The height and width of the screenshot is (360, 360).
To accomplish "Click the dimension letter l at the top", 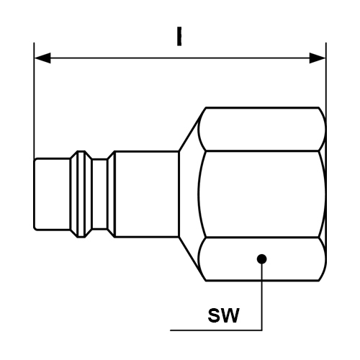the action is pos(179,36).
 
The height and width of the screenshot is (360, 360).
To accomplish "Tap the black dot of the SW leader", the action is pos(261,259).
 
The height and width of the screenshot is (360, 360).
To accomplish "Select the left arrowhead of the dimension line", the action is pos(42,58).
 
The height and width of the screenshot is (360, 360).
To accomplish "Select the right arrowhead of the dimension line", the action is pos(318,58).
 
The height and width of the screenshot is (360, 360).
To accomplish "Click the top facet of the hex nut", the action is pos(261,129).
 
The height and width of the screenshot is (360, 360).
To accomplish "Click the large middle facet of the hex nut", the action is pos(261,194).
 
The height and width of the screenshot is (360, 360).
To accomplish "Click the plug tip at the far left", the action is pos(52,194).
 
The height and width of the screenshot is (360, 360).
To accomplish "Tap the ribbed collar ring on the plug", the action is pos(81,194).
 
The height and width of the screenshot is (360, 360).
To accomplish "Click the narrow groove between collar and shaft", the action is pos(100,194).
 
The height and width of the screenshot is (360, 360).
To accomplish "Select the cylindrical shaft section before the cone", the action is pos(147,194).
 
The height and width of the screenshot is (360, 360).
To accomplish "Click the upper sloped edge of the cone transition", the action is pos(192,130).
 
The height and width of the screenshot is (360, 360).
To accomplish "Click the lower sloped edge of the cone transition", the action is pos(192,258).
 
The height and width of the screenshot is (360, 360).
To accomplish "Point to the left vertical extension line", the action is pos(34,100).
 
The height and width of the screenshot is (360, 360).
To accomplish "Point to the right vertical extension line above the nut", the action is pos(326,81).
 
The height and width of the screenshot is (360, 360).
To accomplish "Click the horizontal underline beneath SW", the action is pos(216,330).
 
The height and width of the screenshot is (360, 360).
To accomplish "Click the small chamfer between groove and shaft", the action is pos(111,194).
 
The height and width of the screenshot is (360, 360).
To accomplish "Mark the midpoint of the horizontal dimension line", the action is pos(180,58).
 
